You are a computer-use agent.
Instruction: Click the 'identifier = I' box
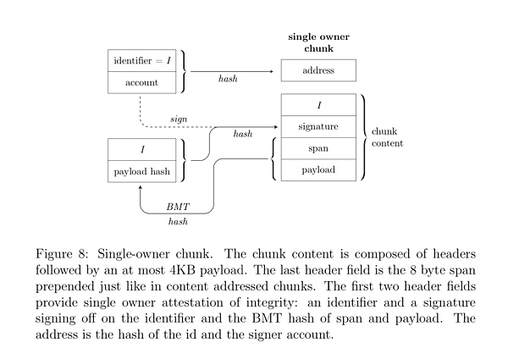pos(142,61)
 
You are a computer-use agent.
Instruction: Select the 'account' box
pos(142,82)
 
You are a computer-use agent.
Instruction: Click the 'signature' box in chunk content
pos(318,127)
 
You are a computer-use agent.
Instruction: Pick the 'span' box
pos(318,148)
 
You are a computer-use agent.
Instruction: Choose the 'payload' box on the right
pos(318,169)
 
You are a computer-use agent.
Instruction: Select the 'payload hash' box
pos(142,171)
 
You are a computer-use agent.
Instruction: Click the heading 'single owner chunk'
pos(318,42)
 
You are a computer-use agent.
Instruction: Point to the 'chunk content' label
pos(389,137)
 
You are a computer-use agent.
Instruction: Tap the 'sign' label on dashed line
pos(179,119)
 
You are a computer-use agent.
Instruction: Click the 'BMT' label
pos(178,206)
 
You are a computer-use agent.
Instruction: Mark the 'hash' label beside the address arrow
pos(229,80)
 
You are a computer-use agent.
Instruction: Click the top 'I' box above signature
pos(318,106)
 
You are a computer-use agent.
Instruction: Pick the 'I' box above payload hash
pos(142,150)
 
